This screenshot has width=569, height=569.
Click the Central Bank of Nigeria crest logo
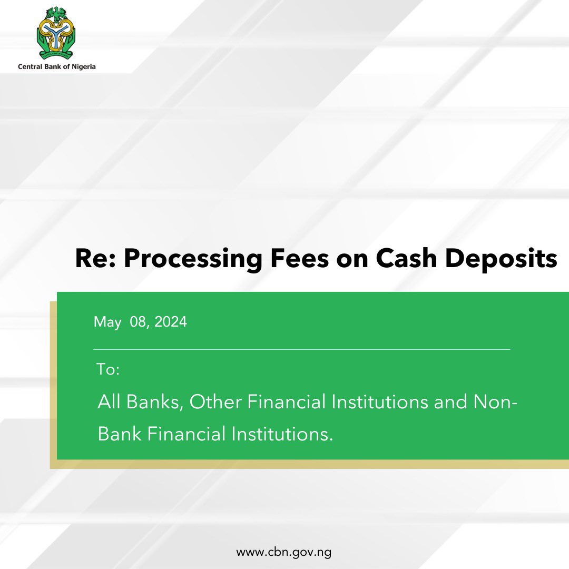56,33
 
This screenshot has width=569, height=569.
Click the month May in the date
107,322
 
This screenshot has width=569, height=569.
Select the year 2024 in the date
170,321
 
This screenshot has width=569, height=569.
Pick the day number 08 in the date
139,321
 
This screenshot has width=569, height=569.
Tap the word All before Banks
109,402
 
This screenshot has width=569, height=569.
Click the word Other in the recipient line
215,402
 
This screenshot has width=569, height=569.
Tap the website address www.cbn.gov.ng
283,553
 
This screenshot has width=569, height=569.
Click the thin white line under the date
301,349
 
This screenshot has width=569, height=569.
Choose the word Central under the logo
31,67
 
